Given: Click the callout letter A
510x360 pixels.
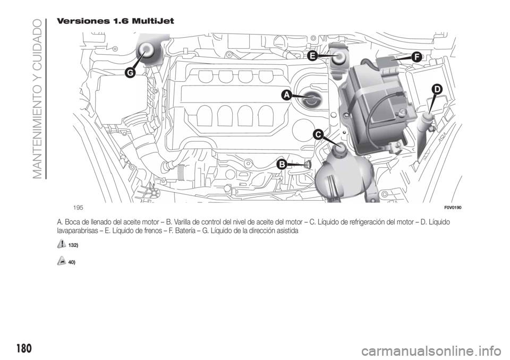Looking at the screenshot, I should coord(285,95).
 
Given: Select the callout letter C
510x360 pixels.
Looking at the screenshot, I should coord(318,135).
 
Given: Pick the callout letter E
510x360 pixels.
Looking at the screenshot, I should coord(312,55).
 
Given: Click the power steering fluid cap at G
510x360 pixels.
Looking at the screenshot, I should coord(145,51).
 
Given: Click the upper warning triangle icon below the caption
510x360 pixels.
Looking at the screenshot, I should coord(62,244).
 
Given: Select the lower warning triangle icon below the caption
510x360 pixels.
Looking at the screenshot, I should coord(62,261).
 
